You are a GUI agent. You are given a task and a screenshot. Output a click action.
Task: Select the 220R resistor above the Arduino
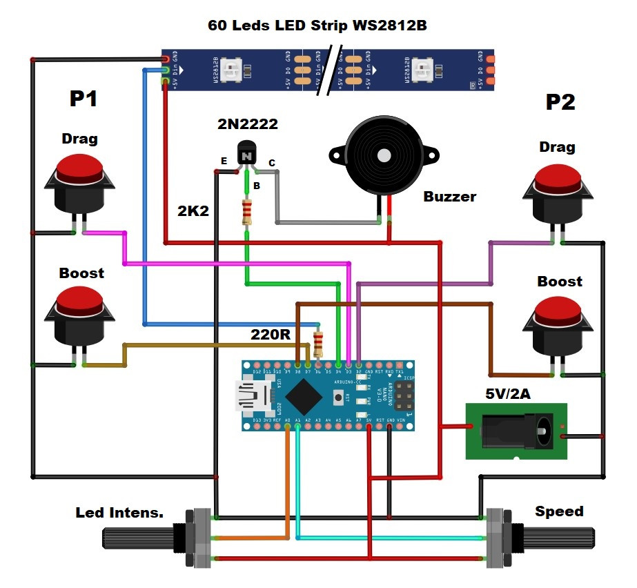318,343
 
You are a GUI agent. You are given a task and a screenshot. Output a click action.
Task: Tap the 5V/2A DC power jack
516,431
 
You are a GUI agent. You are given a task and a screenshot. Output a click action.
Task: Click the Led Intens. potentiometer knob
138,538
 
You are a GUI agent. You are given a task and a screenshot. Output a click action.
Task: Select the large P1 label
84,99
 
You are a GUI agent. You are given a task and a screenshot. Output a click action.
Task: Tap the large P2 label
560,103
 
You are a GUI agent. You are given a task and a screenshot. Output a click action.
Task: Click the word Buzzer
449,197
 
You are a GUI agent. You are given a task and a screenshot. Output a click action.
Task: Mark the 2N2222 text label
248,124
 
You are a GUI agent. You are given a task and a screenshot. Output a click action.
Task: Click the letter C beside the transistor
272,163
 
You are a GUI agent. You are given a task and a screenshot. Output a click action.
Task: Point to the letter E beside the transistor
223,161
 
